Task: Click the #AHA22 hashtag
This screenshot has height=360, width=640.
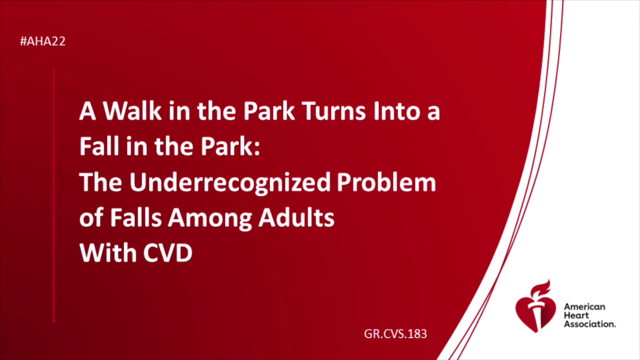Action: (43, 41)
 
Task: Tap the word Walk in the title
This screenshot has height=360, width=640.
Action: (132, 111)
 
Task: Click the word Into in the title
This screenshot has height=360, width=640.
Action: (397, 111)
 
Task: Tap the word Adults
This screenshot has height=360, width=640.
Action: (297, 218)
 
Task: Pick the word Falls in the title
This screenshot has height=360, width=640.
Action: (136, 218)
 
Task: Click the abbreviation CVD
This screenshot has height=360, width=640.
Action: (168, 253)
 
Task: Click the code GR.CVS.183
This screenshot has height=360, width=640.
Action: (395, 334)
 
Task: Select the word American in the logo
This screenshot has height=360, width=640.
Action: (584, 307)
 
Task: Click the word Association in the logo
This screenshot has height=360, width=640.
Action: (590, 324)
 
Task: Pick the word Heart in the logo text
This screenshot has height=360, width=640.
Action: (576, 315)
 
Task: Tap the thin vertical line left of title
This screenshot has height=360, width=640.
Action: (54, 196)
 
